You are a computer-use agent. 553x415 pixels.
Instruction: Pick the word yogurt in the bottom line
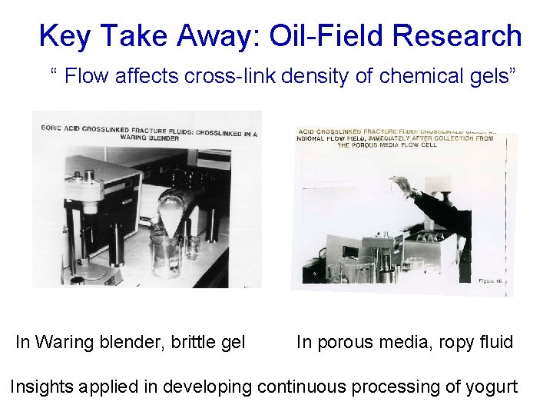pos(492,387)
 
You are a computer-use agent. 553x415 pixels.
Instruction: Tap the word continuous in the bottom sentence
pos(305,387)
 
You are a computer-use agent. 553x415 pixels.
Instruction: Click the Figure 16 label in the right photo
pos(489,281)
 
